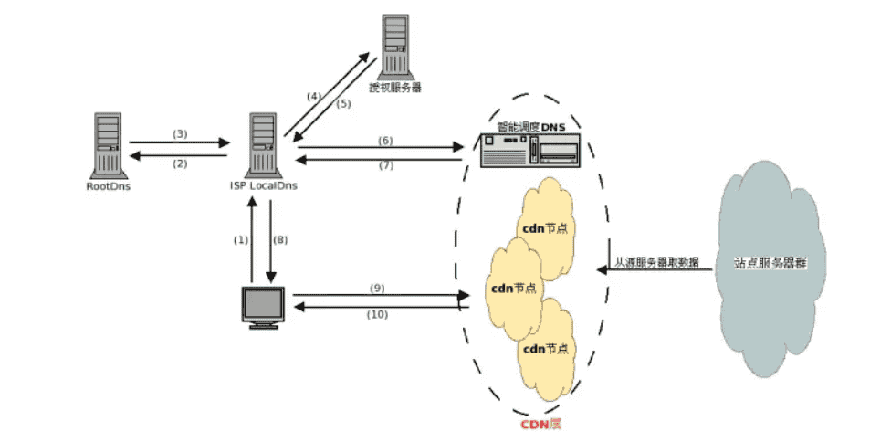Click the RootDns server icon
point(107,144)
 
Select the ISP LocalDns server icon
point(263,144)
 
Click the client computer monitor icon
point(263,307)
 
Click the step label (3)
point(180,134)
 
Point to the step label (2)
point(180,163)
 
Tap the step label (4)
point(314,96)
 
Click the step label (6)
point(385,140)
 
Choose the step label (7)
point(385,166)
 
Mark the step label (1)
point(240,240)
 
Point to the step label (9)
point(377,288)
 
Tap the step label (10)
point(377,315)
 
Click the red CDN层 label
point(540,425)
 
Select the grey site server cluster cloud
point(773,264)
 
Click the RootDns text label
point(107,186)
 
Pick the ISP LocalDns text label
point(263,186)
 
